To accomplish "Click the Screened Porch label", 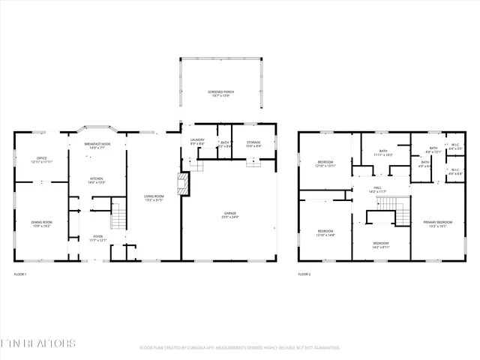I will pyautogui.click(x=220, y=94).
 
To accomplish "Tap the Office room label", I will pyautogui.click(x=42, y=160).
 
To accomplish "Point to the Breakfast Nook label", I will pyautogui.click(x=97, y=145).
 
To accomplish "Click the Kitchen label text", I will pyautogui.click(x=97, y=180).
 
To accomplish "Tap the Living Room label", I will pyautogui.click(x=154, y=199).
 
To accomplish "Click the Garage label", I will pyautogui.click(x=229, y=215).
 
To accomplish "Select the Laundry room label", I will pyautogui.click(x=197, y=142).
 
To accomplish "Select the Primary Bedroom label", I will pyautogui.click(x=437, y=223).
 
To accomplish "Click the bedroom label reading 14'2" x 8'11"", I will pyautogui.click(x=381, y=244).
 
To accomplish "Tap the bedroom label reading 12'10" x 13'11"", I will pyautogui.click(x=325, y=163).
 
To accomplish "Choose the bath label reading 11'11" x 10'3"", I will pyautogui.click(x=383, y=153).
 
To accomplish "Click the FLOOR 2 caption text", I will pyautogui.click(x=304, y=275).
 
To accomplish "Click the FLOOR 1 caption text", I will pyautogui.click(x=20, y=275).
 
